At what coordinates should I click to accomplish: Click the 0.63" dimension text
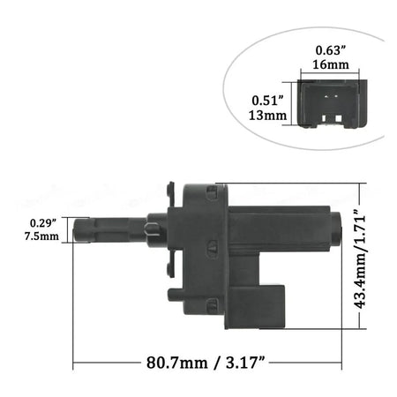330,50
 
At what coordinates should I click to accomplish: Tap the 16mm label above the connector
331,64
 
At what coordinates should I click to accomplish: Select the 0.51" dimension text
268,101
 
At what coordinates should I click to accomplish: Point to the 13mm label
267,115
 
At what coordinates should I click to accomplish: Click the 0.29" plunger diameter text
42,223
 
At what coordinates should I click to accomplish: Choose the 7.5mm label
41,236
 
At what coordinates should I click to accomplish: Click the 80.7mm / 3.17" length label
206,363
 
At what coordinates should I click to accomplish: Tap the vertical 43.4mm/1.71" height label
360,259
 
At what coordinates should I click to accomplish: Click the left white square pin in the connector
325,118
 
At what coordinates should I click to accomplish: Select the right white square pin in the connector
338,118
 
